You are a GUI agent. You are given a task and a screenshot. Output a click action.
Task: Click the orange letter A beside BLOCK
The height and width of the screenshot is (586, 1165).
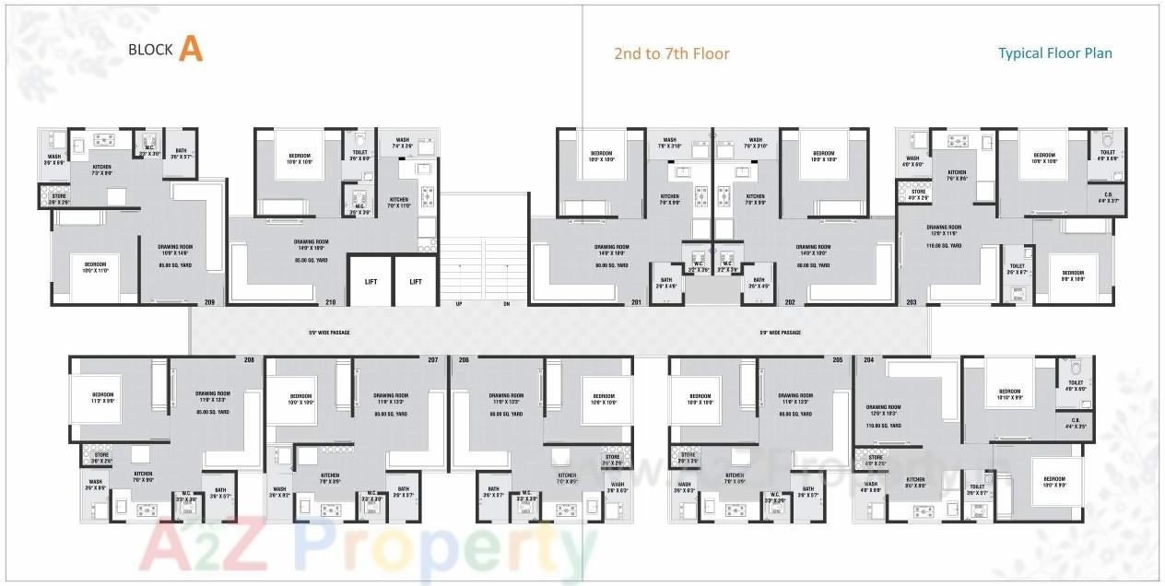191,49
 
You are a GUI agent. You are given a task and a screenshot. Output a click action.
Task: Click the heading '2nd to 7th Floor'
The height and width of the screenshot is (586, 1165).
672,53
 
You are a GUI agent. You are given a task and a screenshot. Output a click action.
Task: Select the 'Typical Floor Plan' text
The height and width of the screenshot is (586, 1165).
1055,53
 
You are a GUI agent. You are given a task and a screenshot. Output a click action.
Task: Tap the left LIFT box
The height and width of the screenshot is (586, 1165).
371,281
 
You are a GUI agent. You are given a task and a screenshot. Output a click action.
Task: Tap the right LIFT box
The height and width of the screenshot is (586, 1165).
416,281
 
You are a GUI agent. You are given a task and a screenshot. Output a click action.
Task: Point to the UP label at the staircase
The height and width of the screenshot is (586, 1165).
458,303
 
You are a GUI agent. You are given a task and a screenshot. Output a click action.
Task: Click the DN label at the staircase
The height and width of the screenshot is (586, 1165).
506,303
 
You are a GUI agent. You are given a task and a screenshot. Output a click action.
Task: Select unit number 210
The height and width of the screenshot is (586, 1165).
330,302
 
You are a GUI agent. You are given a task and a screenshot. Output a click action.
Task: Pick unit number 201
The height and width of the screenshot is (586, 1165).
636,302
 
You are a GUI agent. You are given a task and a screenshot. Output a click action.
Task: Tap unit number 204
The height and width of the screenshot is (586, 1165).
866,359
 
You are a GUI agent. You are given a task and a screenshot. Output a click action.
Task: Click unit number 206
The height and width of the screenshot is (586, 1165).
464,359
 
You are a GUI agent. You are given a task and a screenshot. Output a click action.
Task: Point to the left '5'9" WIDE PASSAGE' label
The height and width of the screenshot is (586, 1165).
329,333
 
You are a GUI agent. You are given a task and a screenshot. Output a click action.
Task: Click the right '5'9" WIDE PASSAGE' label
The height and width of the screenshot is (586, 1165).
780,333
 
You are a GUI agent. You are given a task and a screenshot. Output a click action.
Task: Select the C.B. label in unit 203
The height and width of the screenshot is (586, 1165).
1108,195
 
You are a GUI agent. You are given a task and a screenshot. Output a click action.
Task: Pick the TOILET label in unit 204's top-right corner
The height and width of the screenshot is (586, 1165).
1076,384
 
